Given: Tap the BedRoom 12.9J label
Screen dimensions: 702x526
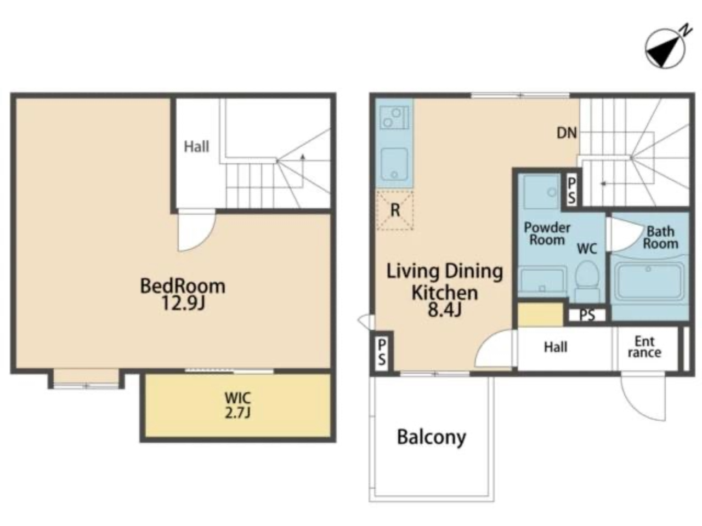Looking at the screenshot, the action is click(x=183, y=294).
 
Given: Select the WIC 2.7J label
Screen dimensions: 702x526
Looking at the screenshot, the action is click(x=237, y=405).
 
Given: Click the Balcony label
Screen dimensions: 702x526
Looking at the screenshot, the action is click(x=432, y=438).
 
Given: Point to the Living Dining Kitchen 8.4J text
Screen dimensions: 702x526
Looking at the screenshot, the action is click(x=445, y=290).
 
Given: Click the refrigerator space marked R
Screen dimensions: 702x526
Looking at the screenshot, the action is click(x=395, y=210).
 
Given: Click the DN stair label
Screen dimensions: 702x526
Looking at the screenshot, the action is click(x=567, y=133).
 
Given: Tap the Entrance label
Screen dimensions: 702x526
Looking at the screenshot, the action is click(x=644, y=347).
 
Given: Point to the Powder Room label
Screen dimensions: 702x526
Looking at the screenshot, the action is click(x=547, y=234).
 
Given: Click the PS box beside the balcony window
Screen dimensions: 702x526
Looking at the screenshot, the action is click(x=382, y=352).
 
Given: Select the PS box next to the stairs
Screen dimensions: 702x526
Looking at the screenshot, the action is click(x=571, y=190).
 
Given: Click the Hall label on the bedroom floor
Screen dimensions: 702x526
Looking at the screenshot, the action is click(x=196, y=147).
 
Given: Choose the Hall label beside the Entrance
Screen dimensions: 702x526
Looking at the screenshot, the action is click(x=556, y=347).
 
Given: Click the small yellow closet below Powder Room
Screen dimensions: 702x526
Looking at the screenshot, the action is click(x=541, y=315).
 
